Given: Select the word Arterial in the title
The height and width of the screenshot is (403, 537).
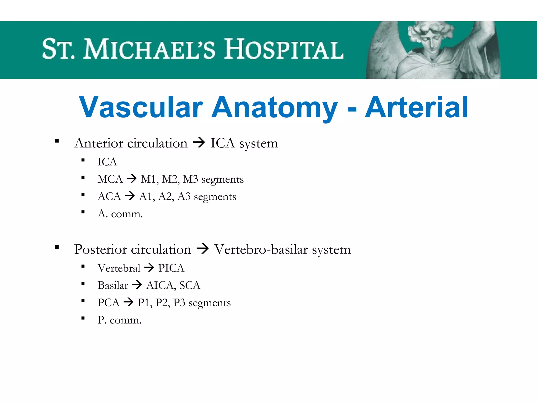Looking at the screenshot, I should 416,107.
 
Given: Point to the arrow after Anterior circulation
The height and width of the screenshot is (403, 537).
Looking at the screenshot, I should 199,143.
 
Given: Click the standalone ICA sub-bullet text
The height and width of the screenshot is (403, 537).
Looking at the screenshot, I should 107,162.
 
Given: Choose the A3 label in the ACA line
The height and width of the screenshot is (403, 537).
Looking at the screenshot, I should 184,197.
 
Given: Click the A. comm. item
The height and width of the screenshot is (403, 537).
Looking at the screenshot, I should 120,214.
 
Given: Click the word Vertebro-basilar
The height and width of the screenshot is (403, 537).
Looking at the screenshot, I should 261,249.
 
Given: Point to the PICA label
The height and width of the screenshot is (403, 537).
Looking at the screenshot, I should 171,268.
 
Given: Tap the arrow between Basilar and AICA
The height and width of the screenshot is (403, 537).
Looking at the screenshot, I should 137,285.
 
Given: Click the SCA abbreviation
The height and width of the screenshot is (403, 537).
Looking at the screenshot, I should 190,285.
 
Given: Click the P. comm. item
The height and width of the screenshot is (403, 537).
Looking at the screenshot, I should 119,320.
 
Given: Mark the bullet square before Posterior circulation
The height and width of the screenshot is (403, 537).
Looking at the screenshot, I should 57,247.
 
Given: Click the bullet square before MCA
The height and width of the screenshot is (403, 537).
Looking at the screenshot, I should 83,178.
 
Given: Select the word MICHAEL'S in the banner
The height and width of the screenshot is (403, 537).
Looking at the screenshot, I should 149,49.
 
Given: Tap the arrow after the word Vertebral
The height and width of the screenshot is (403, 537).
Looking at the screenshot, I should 149,268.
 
